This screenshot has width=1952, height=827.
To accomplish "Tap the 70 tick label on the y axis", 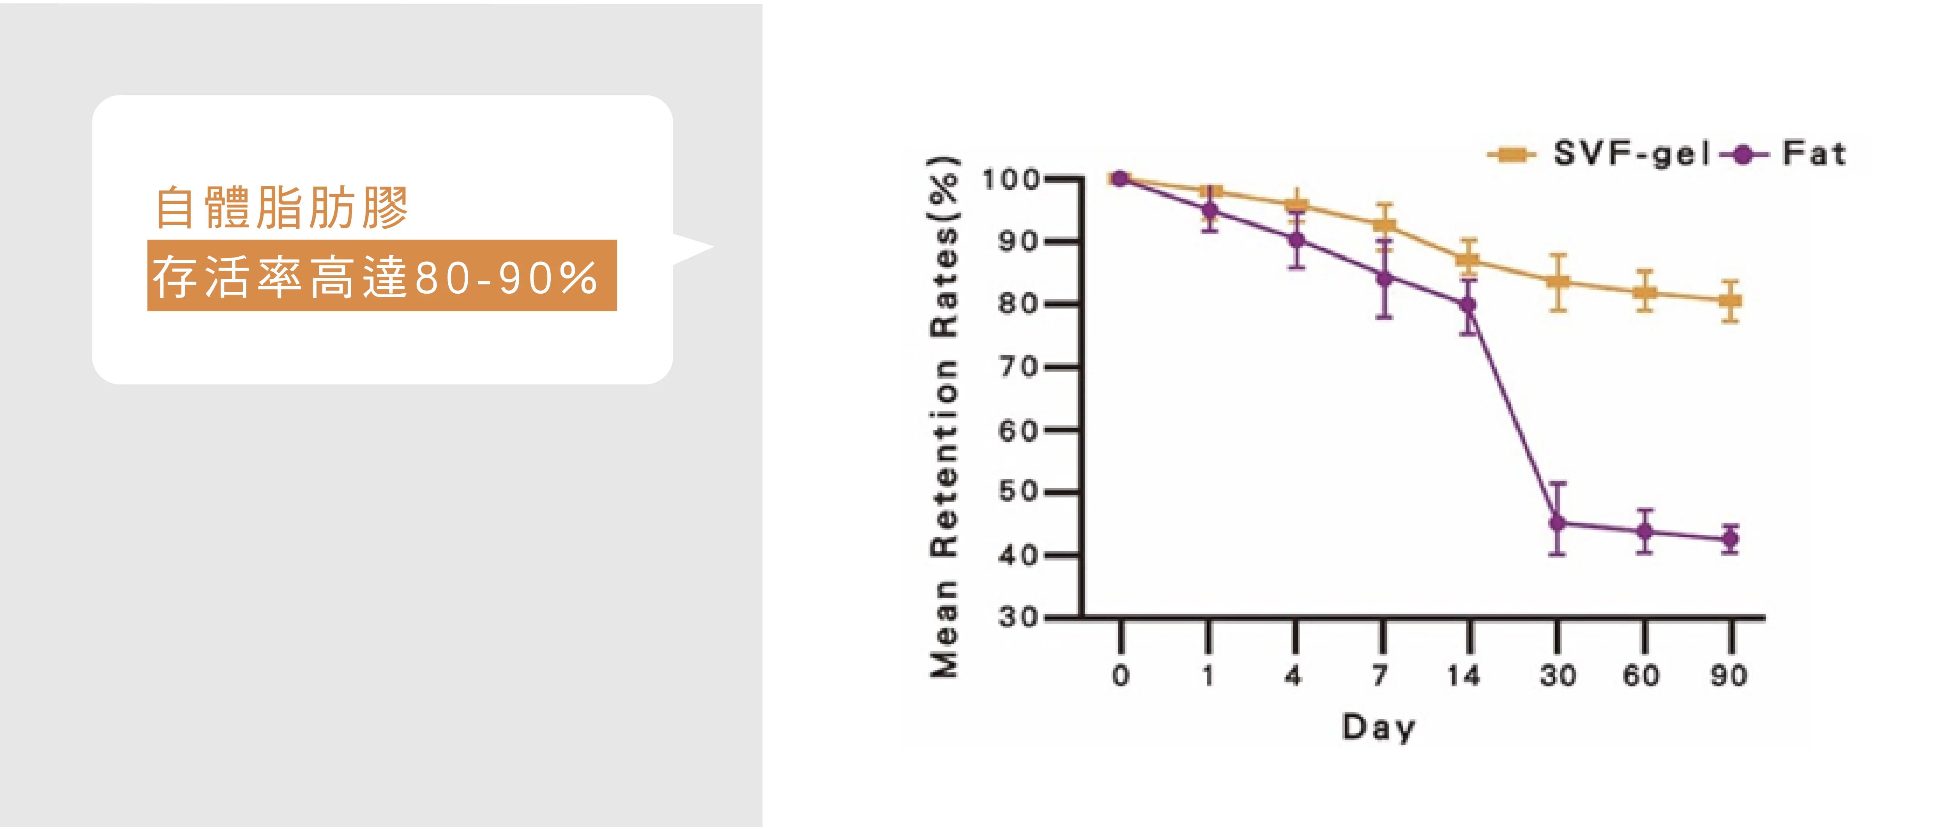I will click(1017, 367).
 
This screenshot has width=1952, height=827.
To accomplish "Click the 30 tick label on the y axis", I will click(1017, 617).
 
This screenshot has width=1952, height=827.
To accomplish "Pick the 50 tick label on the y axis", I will click(1017, 492).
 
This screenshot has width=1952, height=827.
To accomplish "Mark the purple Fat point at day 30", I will click(1557, 522).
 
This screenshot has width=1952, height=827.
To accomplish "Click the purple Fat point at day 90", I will click(1730, 539).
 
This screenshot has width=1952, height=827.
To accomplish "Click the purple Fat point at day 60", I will click(1644, 532).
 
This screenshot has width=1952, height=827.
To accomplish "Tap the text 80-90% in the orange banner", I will click(506, 278).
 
